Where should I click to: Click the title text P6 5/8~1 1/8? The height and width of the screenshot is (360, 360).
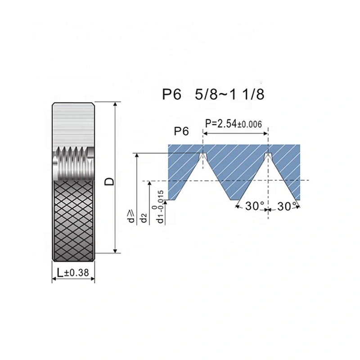pyautogui.click(x=213, y=94)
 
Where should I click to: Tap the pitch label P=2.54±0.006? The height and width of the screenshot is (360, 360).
pyautogui.click(x=234, y=124)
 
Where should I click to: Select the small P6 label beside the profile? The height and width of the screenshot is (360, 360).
pyautogui.click(x=181, y=131)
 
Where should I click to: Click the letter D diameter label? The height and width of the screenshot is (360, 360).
pyautogui.click(x=109, y=181)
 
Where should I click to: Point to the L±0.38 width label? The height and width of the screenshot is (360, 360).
pyautogui.click(x=73, y=273)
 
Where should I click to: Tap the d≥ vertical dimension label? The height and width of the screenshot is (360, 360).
pyautogui.click(x=131, y=217)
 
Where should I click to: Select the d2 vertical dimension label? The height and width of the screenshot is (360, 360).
pyautogui.click(x=144, y=218)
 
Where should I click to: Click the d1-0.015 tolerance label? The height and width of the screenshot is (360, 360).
pyautogui.click(x=160, y=207)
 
